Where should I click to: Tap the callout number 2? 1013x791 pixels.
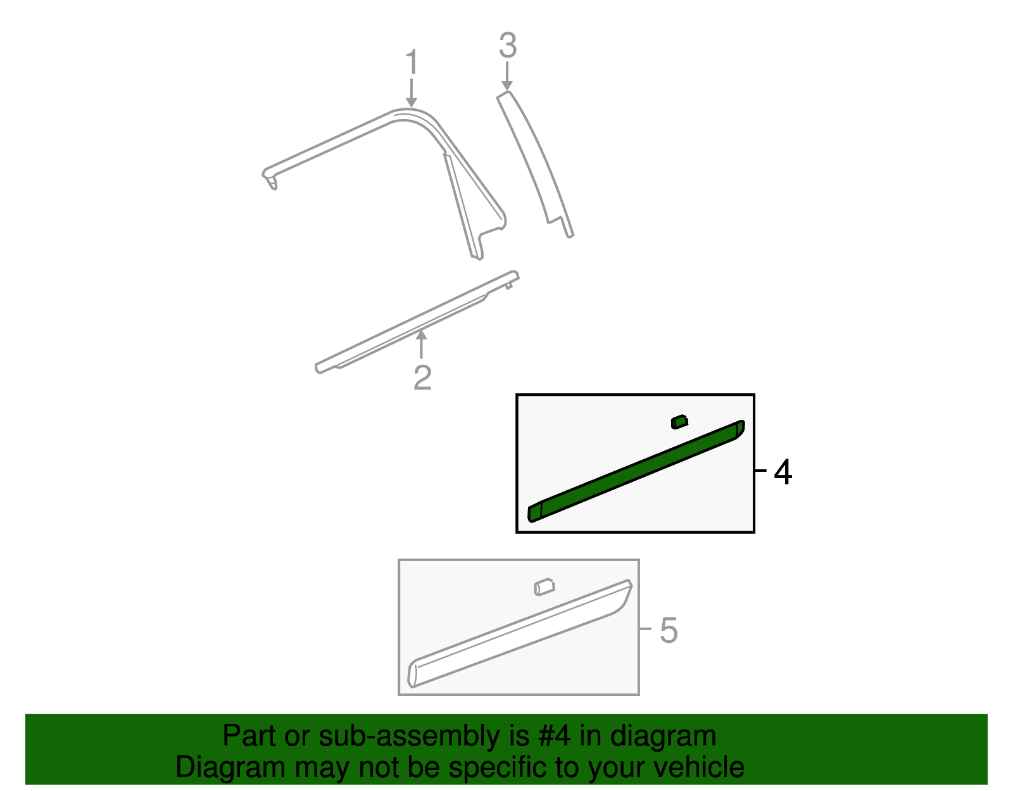[422, 377]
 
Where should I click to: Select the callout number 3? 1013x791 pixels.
[508, 46]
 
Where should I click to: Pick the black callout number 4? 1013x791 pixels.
[783, 472]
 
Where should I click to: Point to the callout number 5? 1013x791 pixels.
[669, 631]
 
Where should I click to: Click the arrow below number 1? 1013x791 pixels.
[412, 93]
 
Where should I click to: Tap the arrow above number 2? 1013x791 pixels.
[421, 345]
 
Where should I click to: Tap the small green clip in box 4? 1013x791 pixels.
[679, 422]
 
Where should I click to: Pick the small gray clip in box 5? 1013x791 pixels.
[544, 586]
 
